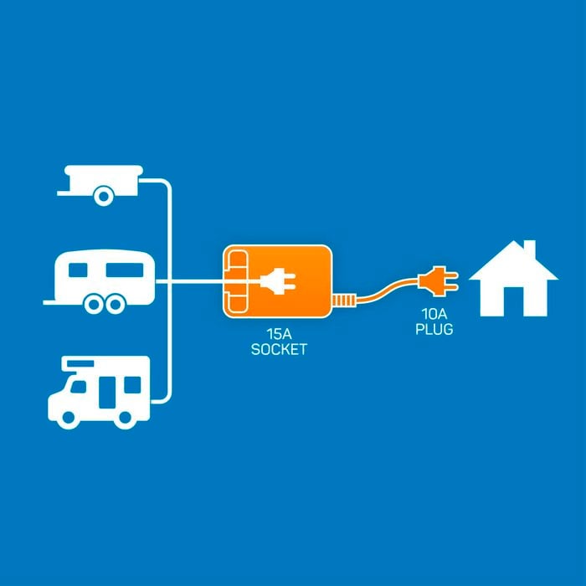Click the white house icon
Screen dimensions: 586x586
click(x=513, y=284)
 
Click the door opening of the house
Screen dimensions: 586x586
click(x=513, y=301)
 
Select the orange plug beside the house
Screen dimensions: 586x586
click(x=438, y=281)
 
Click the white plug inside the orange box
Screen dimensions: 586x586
click(x=278, y=281)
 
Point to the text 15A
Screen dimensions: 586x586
click(x=279, y=334)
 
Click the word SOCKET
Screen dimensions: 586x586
click(x=279, y=350)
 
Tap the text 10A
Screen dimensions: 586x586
click(x=434, y=314)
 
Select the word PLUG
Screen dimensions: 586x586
click(x=434, y=329)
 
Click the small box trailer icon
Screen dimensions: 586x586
click(x=100, y=185)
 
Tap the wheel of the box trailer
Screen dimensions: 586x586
click(x=104, y=196)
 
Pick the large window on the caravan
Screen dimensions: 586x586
click(x=125, y=270)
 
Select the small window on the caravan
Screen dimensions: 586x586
click(x=78, y=270)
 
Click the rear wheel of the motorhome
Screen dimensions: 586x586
click(x=125, y=419)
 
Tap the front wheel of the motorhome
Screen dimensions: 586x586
click(x=69, y=419)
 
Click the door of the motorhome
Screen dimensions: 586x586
click(x=107, y=393)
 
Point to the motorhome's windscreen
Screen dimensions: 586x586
click(x=78, y=387)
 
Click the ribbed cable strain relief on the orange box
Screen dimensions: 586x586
click(x=343, y=300)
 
